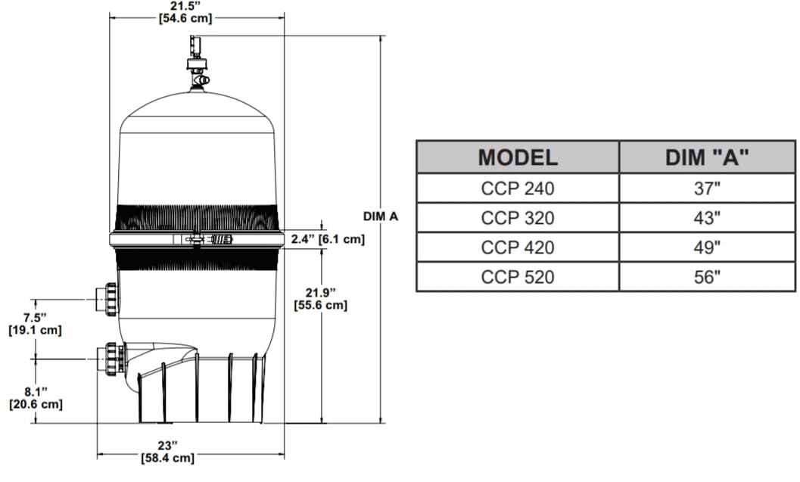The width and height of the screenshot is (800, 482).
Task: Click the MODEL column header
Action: point(518,157)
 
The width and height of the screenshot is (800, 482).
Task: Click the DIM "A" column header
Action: point(707,157)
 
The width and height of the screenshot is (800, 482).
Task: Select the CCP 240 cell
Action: point(518,189)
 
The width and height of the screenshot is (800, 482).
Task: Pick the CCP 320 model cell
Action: point(518,219)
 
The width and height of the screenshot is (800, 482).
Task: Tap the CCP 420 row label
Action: point(518,247)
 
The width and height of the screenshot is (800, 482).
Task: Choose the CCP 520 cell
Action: point(518,277)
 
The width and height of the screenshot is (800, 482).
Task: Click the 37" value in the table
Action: point(707,189)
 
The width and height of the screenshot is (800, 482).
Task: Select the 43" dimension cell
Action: point(707,219)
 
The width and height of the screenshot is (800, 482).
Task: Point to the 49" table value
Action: point(707,247)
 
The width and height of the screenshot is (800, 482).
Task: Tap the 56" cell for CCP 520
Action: point(707,277)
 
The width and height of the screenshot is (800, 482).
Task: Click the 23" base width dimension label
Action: point(167,452)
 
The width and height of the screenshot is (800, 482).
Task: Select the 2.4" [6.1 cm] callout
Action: point(328,240)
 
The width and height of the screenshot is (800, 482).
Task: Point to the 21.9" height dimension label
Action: point(320,299)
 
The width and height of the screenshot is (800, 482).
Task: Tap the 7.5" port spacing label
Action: point(34,324)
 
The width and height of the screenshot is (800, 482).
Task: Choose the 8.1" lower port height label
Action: point(35,398)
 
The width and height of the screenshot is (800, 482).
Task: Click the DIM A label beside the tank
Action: point(381,216)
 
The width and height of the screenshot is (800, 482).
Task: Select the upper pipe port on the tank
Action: point(107,299)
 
